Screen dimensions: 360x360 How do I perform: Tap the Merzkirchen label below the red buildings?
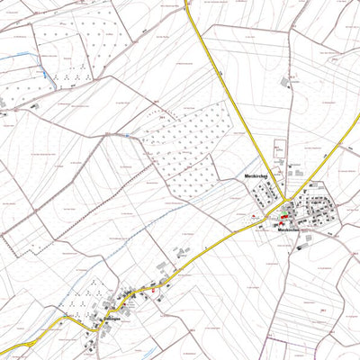(288, 231)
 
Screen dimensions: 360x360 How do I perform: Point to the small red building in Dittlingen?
(153, 290)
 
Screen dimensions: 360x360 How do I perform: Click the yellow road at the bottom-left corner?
(7, 349)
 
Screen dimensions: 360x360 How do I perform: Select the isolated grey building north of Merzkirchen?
(286, 82)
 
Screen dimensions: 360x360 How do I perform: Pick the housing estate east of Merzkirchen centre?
(319, 210)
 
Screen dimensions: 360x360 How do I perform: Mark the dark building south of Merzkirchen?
(305, 239)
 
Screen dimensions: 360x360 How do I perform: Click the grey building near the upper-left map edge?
(3, 103)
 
